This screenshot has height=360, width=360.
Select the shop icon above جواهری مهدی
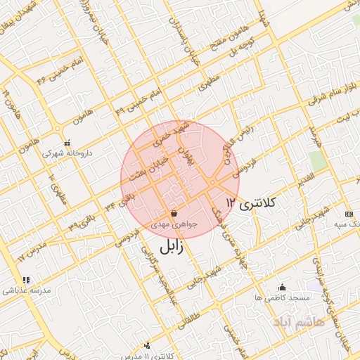pos(174,213)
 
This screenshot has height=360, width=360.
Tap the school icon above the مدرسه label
pos(26,280)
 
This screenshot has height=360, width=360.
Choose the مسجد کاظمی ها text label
pos(283,298)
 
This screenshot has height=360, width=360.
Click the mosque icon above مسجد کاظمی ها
pos(283,287)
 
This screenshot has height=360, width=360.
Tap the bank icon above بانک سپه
pos(349,213)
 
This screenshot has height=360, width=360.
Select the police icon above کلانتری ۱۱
pos(146,345)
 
